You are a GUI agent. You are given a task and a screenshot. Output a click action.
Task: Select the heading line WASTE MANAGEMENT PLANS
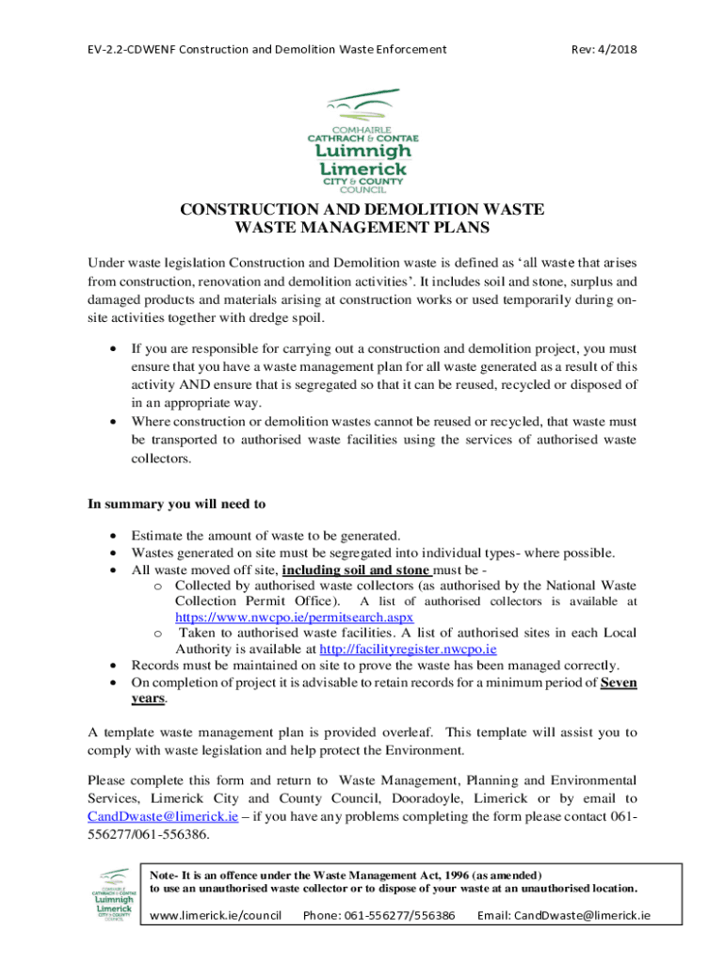pos(362,227)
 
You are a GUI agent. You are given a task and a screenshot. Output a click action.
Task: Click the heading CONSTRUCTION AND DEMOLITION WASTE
pos(362,209)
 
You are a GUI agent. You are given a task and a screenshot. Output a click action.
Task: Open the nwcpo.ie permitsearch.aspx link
pos(281,618)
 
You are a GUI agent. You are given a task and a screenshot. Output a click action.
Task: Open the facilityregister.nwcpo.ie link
pos(408,649)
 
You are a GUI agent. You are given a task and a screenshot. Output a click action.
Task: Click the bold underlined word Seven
pos(618,683)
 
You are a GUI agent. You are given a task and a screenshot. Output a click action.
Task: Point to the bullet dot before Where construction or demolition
pos(114,422)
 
